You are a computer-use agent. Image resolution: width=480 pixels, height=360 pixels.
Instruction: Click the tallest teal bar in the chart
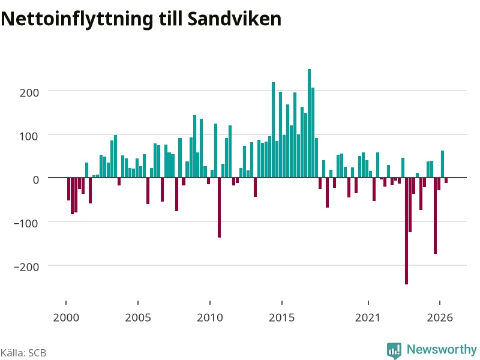[309, 123]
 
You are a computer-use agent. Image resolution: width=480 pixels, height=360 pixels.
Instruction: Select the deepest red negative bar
[407, 231]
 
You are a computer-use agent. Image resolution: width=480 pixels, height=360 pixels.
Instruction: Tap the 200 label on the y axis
[29, 92]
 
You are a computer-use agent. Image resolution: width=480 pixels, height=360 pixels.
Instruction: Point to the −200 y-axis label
[26, 266]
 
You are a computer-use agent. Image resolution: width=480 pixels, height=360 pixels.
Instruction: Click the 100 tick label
[29, 136]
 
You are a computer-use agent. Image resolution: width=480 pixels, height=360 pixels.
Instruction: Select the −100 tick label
[26, 223]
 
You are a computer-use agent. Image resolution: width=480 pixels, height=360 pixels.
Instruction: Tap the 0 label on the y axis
[36, 179]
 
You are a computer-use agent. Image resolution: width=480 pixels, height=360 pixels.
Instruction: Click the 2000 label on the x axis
[66, 317]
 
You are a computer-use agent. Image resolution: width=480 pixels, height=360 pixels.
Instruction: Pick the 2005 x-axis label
[138, 317]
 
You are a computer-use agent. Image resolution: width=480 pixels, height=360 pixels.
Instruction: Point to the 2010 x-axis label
[210, 317]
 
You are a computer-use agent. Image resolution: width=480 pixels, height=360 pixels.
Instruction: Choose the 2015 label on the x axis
[282, 317]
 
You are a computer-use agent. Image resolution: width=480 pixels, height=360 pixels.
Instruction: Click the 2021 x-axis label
[368, 317]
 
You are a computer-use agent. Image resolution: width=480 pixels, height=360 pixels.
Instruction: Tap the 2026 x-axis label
[440, 317]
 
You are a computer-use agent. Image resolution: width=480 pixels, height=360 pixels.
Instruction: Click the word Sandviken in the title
[235, 19]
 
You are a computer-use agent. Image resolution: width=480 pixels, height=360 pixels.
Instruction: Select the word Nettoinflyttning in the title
[77, 19]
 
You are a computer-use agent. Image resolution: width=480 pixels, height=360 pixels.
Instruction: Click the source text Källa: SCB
[23, 353]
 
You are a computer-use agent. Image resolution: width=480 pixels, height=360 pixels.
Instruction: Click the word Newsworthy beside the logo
[442, 349]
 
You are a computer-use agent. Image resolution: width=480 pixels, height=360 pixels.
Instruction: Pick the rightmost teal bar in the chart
[442, 164]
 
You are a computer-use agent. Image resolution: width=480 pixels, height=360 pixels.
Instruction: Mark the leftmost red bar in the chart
[68, 189]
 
